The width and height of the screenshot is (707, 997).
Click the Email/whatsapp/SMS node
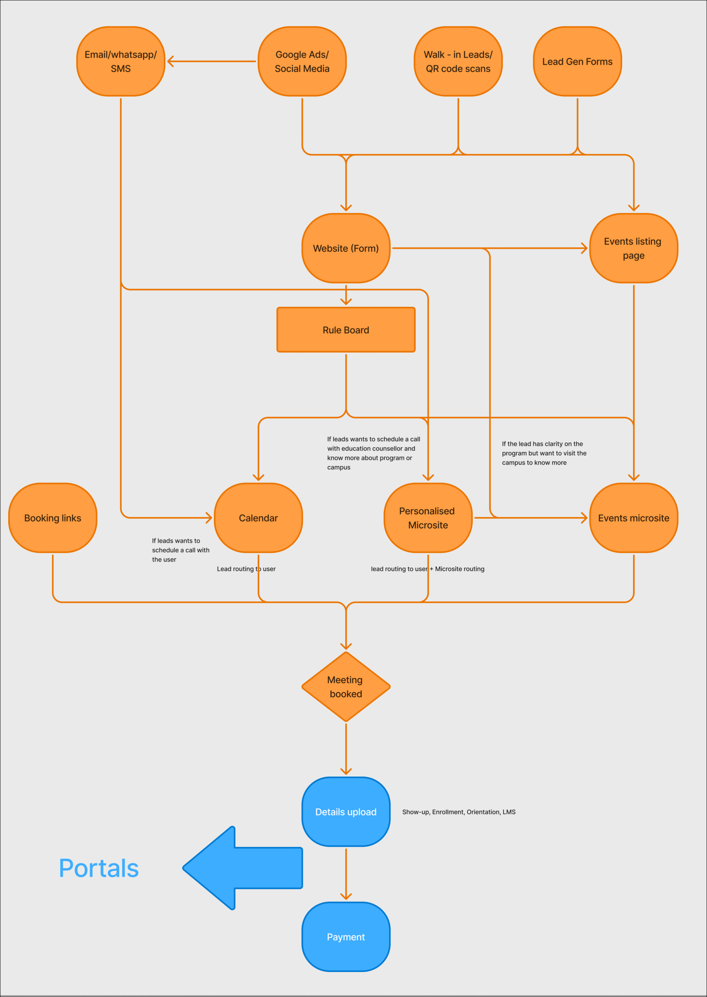[120, 61]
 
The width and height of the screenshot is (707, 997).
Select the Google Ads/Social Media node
[302, 61]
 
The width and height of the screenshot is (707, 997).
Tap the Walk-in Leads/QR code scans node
[458, 61]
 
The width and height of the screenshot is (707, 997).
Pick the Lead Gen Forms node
[577, 61]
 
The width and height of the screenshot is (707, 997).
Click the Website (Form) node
[346, 248]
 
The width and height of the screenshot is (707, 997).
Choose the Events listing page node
[633, 248]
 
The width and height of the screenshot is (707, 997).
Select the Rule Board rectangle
[346, 330]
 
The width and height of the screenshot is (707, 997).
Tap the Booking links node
[53, 518]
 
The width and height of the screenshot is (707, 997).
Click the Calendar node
[258, 518]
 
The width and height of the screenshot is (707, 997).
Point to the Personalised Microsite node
[428, 518]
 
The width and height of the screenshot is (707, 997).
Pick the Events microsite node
[633, 518]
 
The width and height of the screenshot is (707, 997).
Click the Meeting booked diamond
[346, 687]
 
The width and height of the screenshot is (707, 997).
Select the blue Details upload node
[346, 812]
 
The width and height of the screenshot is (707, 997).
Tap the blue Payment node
[346, 937]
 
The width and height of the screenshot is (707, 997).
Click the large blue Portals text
[99, 868]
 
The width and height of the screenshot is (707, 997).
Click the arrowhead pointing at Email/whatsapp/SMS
[170, 61]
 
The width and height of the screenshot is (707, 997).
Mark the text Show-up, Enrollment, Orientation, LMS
[458, 812]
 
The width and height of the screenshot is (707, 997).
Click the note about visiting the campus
[544, 453]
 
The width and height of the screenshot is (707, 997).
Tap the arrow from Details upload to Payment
[346, 874]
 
